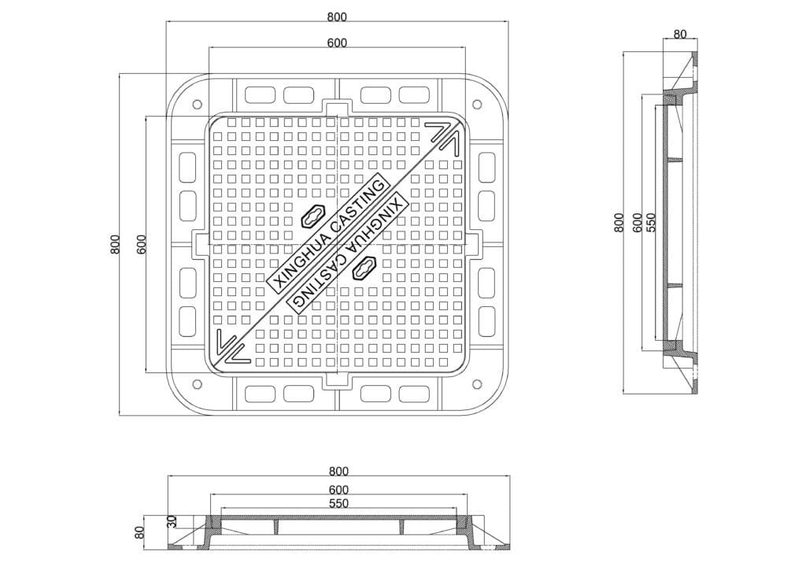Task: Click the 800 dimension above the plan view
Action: [x=337, y=17]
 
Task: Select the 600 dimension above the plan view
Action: [x=337, y=43]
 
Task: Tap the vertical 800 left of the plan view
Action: [x=115, y=245]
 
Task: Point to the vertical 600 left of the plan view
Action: [x=142, y=245]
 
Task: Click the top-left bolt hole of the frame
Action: [x=197, y=105]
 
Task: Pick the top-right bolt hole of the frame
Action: [x=477, y=105]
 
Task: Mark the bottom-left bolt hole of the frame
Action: [x=197, y=384]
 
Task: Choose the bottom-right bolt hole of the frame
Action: [x=477, y=384]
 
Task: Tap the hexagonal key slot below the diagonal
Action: [x=364, y=267]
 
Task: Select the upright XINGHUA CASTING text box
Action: [x=327, y=235]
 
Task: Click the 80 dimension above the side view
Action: [x=679, y=35]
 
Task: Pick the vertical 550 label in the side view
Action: [x=651, y=223]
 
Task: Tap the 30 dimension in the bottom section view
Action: [x=172, y=522]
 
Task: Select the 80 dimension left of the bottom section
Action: [x=139, y=532]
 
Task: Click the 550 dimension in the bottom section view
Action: [x=338, y=504]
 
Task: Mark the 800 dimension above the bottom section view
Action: [x=338, y=472]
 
